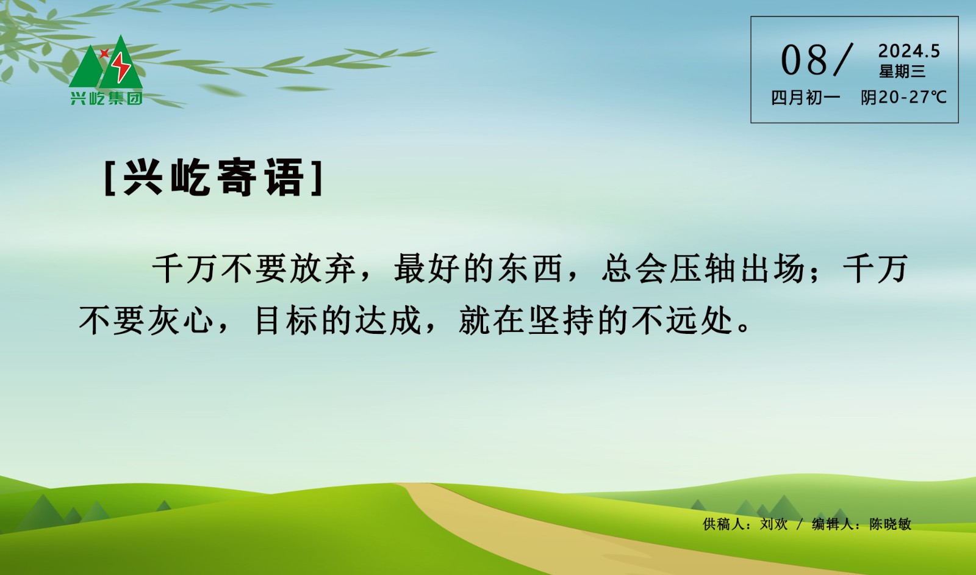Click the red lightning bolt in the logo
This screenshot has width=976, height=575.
(121, 67)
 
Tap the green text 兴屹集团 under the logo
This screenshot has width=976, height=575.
(106, 98)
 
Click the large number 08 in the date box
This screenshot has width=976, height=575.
(804, 60)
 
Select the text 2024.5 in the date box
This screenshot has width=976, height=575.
(909, 51)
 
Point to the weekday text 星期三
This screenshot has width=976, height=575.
(902, 71)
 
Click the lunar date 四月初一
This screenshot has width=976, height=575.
(805, 98)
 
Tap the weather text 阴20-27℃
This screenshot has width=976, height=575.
(903, 98)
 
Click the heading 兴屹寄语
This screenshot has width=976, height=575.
(213, 178)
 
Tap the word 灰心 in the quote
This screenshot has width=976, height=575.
(181, 320)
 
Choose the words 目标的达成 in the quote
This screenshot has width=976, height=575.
(338, 320)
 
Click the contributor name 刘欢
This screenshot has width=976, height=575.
(773, 524)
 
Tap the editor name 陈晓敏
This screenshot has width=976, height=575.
(890, 524)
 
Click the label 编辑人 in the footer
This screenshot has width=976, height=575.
(833, 524)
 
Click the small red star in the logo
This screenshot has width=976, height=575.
(104, 53)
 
